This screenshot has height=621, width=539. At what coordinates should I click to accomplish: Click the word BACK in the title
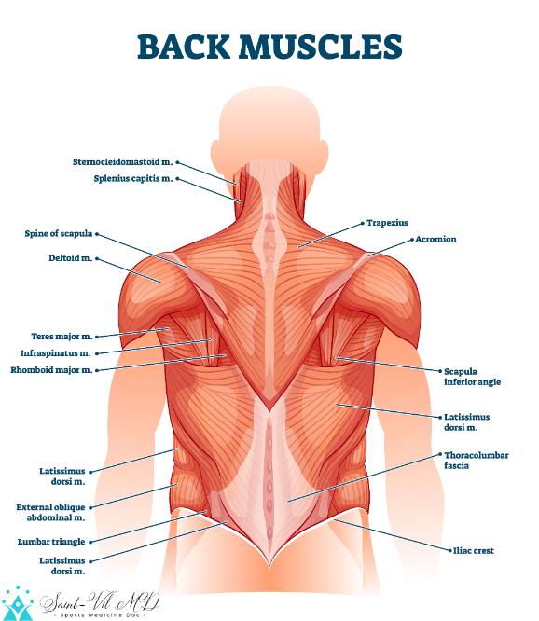coord(184,47)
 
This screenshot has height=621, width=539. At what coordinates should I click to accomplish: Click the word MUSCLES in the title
coord(321,47)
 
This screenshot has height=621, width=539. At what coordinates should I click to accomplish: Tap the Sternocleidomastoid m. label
coord(123,162)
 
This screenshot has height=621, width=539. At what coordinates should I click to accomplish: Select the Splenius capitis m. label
coord(133,179)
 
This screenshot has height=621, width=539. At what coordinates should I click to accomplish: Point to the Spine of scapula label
coord(58,234)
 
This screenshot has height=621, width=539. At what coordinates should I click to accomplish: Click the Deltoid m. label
coord(71,258)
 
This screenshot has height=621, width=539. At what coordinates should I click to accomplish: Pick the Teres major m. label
coord(62,337)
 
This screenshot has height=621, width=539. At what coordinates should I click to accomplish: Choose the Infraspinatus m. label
coord(55,353)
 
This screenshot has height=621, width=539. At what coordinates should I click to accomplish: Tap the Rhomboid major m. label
coord(51,370)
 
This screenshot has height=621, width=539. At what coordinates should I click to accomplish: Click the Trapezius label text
coord(387,223)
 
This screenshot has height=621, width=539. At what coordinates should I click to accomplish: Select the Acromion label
coord(435,240)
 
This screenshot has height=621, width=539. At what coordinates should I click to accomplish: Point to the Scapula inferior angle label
coord(472,377)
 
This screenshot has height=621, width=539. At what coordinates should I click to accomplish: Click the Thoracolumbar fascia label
coord(476,461)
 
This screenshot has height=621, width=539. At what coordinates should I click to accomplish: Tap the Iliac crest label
coord(474,550)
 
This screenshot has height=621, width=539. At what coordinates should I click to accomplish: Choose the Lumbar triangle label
coord(51,542)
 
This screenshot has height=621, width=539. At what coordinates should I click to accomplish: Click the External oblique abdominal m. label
coord(50,513)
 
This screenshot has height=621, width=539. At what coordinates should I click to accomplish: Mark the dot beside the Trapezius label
coord(363,224)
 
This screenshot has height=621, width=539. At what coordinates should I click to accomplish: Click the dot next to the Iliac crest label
coord(449,550)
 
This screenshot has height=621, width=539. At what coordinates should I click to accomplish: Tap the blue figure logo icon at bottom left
coord(18,604)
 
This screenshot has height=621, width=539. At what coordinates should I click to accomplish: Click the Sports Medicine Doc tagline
coord(100,615)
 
